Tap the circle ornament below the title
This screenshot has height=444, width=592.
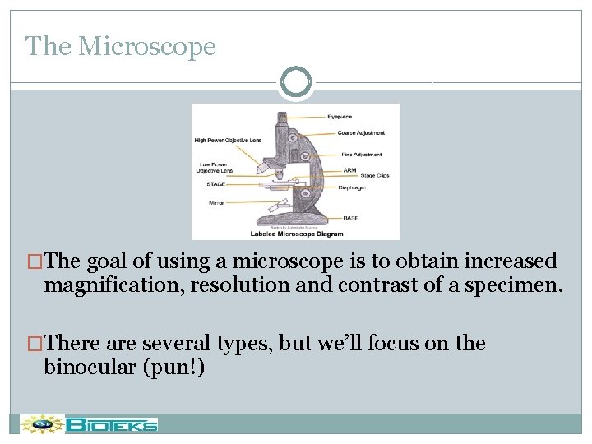296,82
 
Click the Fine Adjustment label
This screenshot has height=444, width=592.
362,155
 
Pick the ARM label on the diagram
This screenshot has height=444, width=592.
349,170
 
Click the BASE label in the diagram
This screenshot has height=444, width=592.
351,217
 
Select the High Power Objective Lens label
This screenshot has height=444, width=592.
228,141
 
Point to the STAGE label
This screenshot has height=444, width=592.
216,184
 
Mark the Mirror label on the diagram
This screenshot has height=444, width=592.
216,202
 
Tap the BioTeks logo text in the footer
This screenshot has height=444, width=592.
112,425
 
